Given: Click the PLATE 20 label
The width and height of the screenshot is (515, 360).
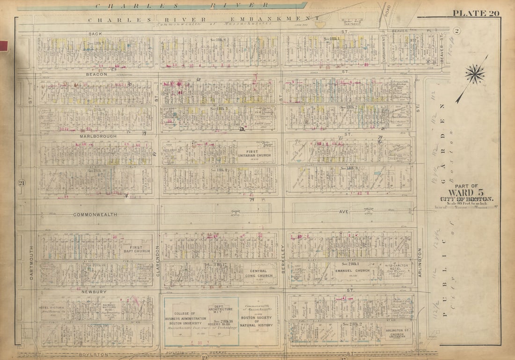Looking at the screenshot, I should pyautogui.click(x=476, y=13).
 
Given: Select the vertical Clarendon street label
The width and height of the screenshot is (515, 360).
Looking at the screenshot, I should pyautogui.click(x=158, y=261).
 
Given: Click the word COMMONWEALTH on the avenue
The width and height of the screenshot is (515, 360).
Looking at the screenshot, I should pyautogui.click(x=95, y=214).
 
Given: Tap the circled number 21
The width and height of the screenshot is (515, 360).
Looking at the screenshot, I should pyautogui.click(x=22, y=183).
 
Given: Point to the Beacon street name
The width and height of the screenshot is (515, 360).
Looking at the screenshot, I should pyautogui.click(x=96, y=74).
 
